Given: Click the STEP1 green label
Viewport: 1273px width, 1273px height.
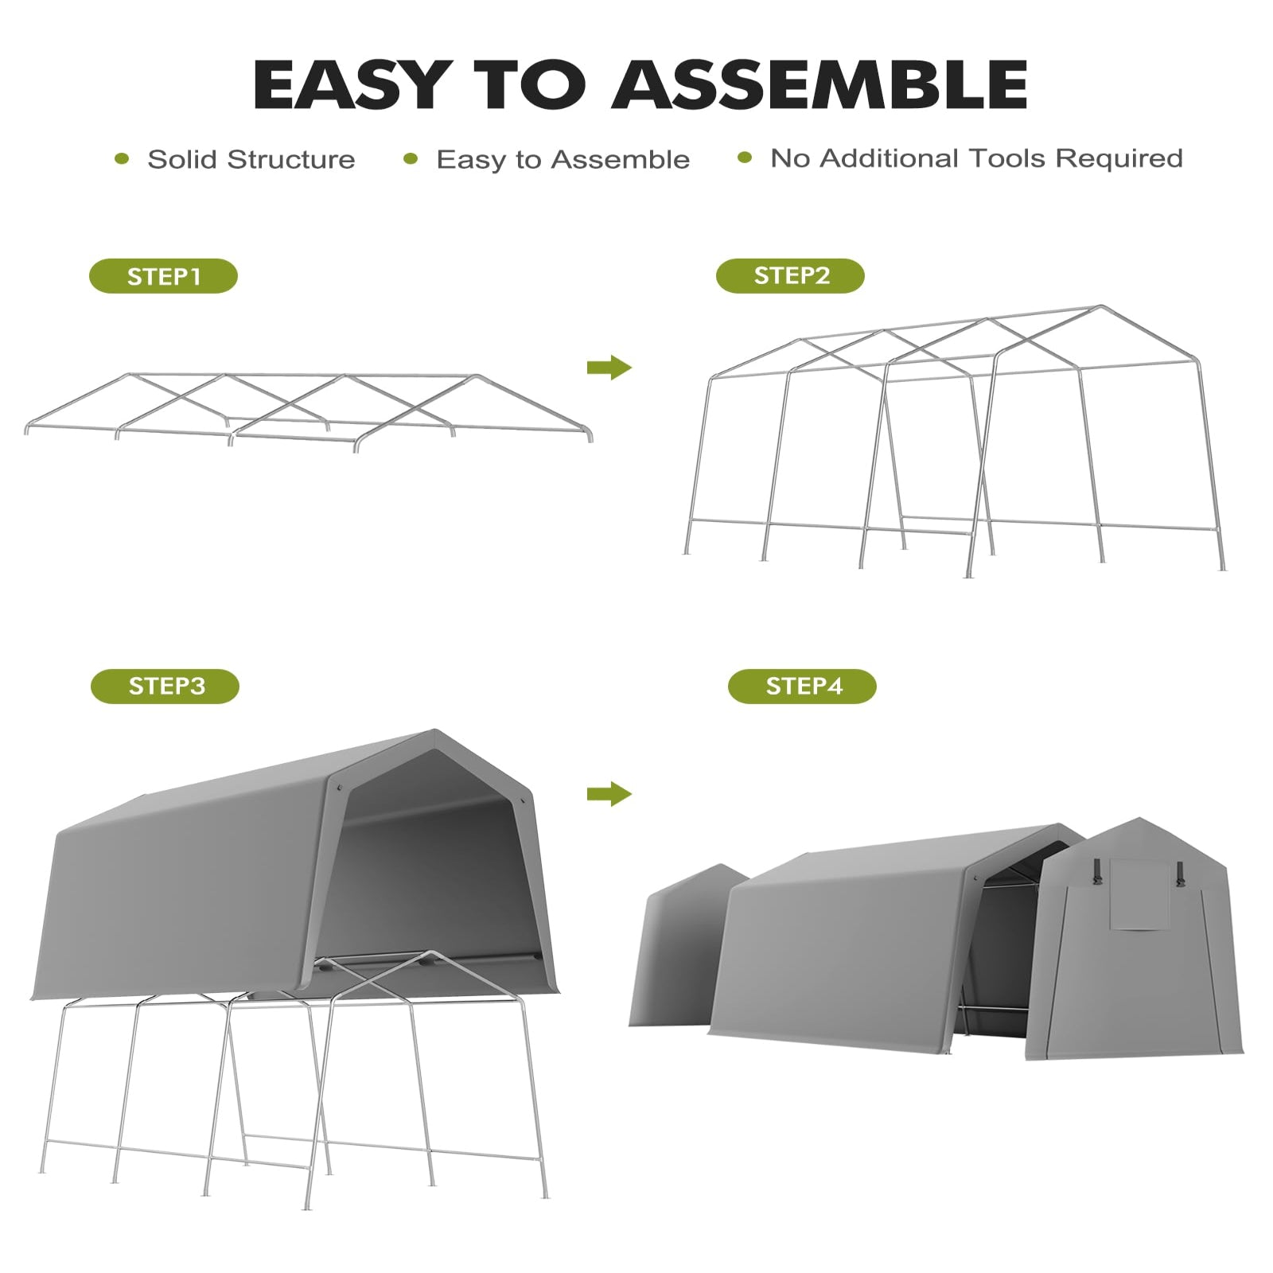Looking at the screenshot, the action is pos(163,276).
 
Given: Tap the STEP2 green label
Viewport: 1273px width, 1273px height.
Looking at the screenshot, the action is pos(790,275).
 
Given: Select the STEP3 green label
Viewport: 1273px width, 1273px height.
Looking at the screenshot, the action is pos(165,686).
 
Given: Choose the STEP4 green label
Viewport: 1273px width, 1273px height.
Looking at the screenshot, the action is pos(802,686).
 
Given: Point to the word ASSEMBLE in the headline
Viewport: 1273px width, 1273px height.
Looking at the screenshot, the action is pos(819,84).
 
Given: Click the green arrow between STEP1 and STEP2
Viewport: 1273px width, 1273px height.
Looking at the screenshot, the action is pos(609,368).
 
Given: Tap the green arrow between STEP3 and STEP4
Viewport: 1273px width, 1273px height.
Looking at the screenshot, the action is pos(609,793).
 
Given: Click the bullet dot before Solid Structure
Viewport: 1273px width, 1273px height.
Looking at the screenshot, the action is pos(122,159).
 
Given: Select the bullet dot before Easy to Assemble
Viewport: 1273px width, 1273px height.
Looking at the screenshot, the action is pos(411,159).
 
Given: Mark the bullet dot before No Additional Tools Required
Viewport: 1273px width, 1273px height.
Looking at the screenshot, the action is pos(745,158).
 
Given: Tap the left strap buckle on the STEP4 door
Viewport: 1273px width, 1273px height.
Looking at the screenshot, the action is pos(1098,871).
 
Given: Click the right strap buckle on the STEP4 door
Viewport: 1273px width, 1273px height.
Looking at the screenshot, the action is pos(1180,874).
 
